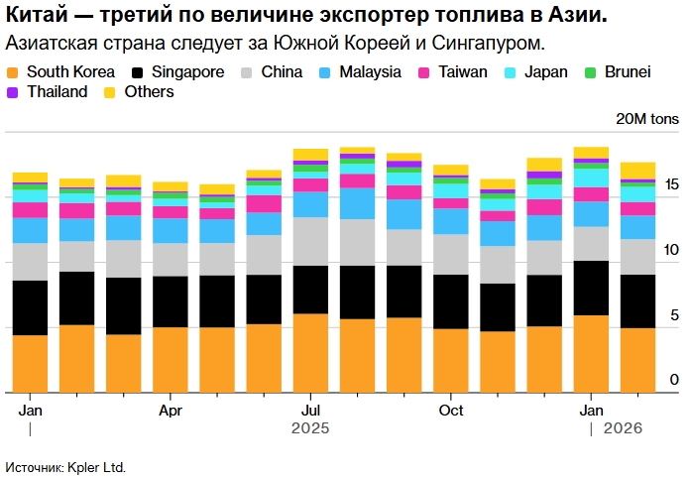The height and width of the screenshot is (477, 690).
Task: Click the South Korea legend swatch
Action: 13,72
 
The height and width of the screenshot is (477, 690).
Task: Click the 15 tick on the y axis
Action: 672,185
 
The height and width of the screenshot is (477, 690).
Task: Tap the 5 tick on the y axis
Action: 674,316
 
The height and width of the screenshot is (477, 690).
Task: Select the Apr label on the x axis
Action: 171,411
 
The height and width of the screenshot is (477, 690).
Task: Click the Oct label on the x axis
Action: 451,411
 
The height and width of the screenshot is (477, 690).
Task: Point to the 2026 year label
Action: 623,429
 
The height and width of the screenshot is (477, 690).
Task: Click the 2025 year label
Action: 310,429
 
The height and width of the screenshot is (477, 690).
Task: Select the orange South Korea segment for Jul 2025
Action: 311,352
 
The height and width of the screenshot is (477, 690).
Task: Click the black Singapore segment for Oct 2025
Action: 451,301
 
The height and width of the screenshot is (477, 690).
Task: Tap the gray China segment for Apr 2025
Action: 171,260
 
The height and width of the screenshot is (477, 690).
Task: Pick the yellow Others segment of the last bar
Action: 637,170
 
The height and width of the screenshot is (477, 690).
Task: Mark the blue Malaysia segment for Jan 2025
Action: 30,230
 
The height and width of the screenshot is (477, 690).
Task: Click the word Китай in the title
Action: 36,17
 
